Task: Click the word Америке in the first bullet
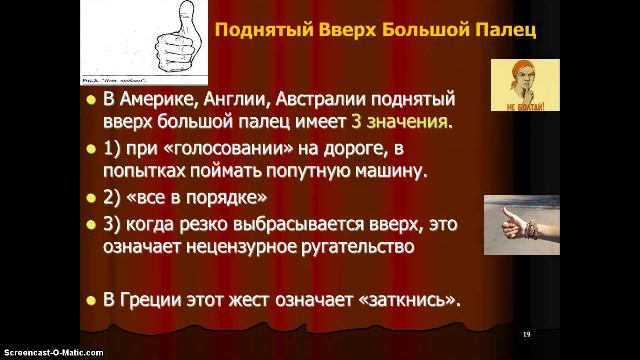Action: pyautogui.click(x=159, y=100)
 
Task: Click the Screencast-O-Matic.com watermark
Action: pyautogui.click(x=41, y=353)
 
